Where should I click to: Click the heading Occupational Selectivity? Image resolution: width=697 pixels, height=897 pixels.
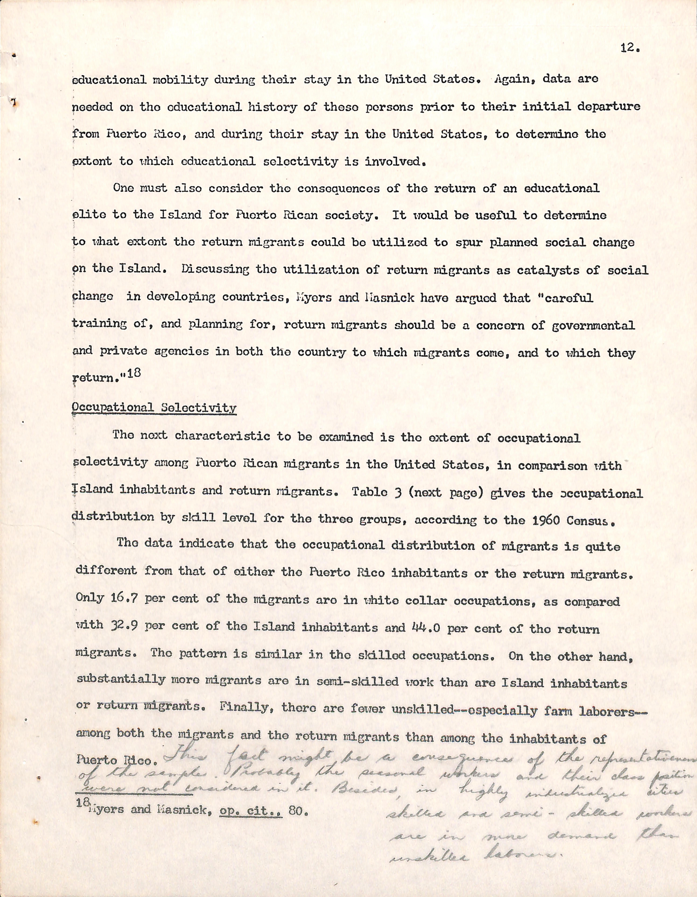click(154, 408)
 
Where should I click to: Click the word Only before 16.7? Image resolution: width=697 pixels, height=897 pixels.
click(90, 598)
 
